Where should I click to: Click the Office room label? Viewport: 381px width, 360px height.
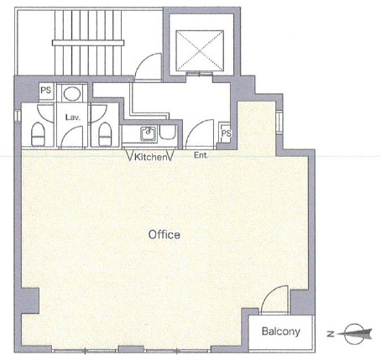click(164, 235)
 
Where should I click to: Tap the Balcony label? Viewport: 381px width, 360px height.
click(281, 331)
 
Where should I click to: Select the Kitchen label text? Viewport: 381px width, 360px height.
click(150, 157)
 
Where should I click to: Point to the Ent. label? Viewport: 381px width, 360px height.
click(201, 155)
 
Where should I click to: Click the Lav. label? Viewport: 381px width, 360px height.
click(73, 117)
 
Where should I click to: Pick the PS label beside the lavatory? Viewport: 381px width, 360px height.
click(46, 90)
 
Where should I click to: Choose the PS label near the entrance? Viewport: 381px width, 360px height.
click(227, 133)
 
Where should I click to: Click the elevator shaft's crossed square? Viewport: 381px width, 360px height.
click(200, 50)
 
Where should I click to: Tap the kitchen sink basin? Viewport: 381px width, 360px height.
click(149, 133)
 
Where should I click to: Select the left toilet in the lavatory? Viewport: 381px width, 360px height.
click(38, 134)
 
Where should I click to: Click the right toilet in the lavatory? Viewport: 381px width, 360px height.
click(105, 134)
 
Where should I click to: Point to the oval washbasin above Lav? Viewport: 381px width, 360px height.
click(72, 93)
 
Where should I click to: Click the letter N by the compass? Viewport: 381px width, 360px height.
click(331, 334)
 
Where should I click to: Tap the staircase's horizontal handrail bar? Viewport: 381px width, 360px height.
click(88, 43)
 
